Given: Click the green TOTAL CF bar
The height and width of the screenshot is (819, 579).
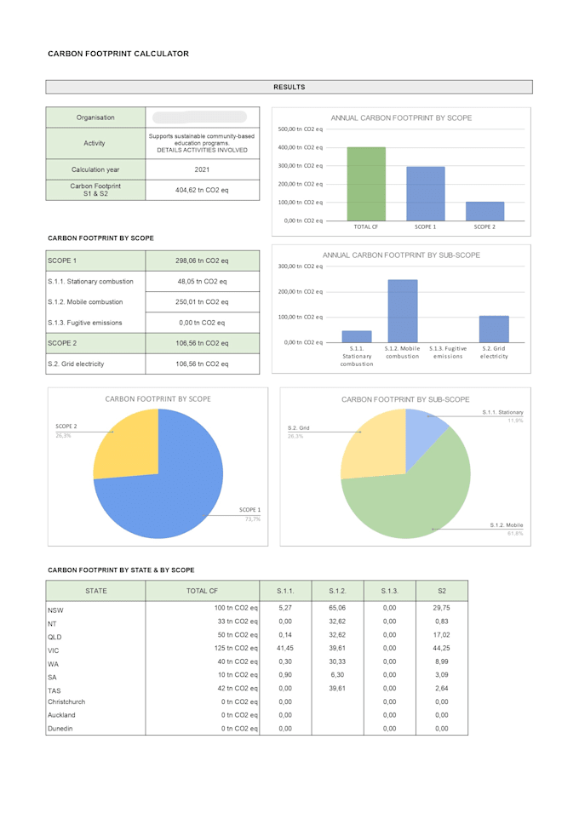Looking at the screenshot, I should click(x=366, y=184).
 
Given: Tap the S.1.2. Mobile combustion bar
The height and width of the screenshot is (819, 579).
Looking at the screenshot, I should click(x=403, y=311).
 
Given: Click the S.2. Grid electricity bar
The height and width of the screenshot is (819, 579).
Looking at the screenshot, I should click(x=494, y=329).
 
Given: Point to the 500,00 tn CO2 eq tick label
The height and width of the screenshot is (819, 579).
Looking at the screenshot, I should click(x=300, y=129).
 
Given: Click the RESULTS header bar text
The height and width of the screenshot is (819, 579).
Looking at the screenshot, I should click(x=289, y=87).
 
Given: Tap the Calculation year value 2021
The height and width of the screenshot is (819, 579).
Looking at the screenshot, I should click(x=202, y=169).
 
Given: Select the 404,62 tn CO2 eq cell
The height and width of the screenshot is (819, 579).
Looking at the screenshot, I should click(x=202, y=190).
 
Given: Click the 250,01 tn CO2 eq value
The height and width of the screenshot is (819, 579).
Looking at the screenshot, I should click(x=202, y=301).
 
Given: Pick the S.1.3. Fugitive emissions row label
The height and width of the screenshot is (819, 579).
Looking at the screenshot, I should click(x=85, y=323).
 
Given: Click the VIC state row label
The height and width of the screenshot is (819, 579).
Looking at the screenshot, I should click(x=54, y=650).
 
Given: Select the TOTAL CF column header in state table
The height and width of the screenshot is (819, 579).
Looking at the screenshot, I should click(x=202, y=590).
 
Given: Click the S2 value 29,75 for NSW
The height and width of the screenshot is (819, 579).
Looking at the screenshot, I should click(x=441, y=609).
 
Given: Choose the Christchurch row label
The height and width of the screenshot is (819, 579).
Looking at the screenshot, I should click(x=66, y=702).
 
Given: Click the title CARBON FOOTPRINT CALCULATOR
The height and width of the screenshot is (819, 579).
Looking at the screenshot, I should click(x=118, y=54).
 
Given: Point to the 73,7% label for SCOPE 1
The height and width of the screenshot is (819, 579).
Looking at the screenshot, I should click(x=252, y=518).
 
